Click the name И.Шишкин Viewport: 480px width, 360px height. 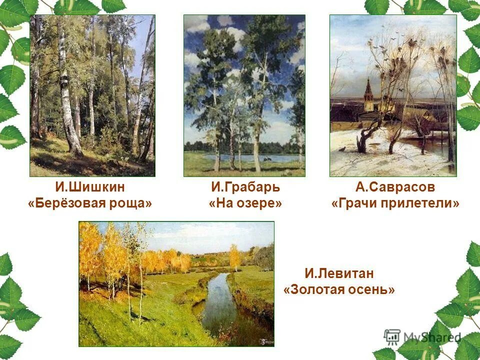coord(90,187)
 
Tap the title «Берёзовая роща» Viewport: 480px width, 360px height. coord(90,204)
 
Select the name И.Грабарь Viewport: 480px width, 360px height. coord(245,187)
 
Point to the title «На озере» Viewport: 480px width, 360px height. coord(245,204)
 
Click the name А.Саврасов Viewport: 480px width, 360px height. coord(395,187)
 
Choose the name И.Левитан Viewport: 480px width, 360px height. coord(339,273)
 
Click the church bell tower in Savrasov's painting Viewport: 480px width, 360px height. coord(368,95)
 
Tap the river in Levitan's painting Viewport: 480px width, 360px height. coord(220,305)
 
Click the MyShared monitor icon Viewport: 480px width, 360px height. coord(392,337)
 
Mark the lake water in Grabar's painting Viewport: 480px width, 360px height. coord(265,157)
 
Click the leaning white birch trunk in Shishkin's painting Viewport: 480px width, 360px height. coord(67,100)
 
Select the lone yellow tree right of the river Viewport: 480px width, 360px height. coord(234,255)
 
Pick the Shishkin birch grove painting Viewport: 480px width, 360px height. coord(92,95)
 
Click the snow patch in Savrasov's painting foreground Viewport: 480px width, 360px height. coord(400,160)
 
